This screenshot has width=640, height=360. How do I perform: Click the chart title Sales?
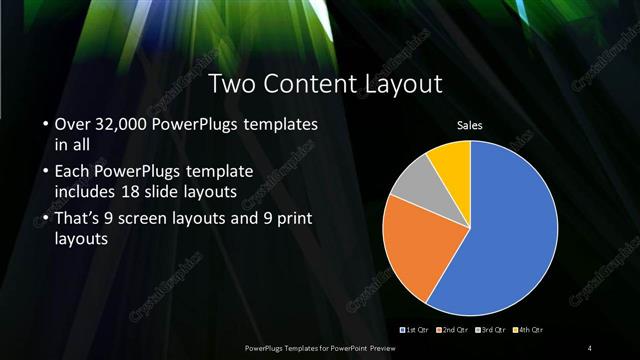[470, 125]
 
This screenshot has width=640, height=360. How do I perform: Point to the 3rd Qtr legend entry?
[491, 329]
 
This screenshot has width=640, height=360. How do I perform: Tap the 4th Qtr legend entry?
[530, 329]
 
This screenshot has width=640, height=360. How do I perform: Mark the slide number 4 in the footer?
[589, 347]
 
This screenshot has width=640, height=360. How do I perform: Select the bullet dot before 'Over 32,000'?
[46, 126]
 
